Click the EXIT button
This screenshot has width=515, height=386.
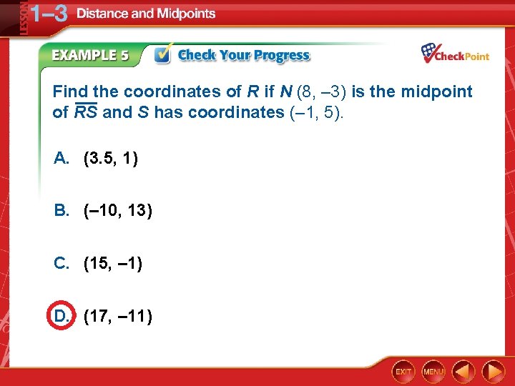click(403, 372)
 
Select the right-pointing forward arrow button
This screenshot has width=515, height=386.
click(494, 372)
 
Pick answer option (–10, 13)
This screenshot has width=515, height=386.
click(118, 211)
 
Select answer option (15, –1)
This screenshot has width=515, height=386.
click(113, 264)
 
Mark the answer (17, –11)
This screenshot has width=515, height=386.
click(117, 315)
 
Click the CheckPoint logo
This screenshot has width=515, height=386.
click(455, 54)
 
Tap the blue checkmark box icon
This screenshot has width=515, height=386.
click(162, 55)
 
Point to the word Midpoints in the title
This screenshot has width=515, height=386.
click(183, 14)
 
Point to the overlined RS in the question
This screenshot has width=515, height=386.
click(86, 112)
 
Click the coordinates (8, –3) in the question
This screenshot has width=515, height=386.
click(315, 91)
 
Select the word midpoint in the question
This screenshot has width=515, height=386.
click(437, 91)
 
